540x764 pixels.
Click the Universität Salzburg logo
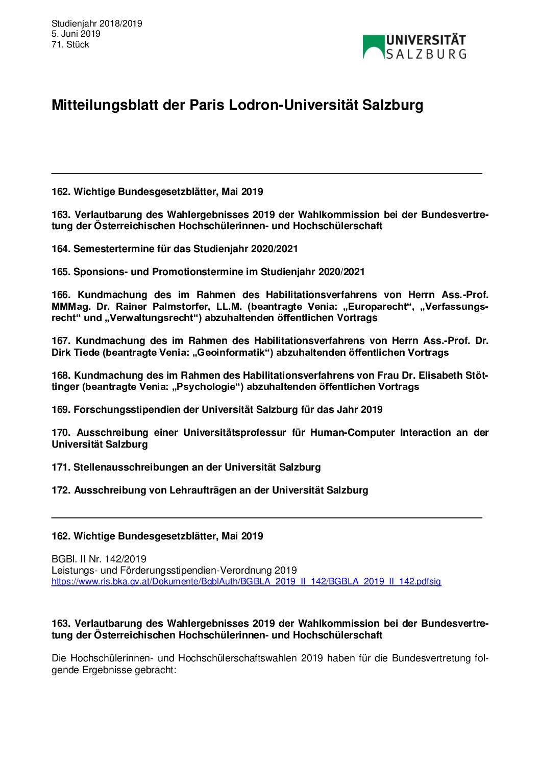pos(414,46)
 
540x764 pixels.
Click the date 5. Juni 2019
pos(76,34)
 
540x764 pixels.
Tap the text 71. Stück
pos(70,44)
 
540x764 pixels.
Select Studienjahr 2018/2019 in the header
pos(96,23)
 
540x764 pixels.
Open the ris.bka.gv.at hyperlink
pos(246,581)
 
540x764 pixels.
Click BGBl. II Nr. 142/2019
pos(99,559)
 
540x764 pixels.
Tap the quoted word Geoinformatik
pos(232,352)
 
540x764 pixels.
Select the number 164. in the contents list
pos(61,249)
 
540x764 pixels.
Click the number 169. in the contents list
pos(61,409)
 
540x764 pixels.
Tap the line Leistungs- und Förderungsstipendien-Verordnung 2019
pos(174,570)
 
